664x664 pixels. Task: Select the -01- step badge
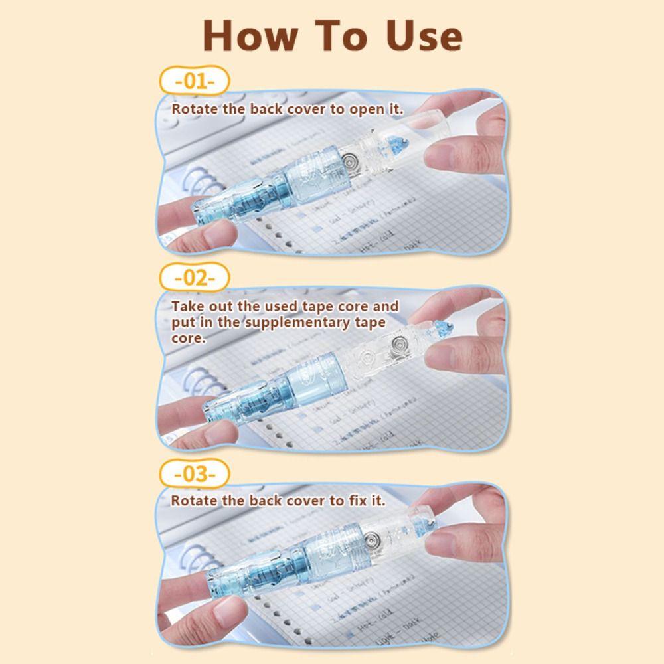pos(195,82)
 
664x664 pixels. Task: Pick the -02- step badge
pos(195,278)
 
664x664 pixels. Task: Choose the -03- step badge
pos(195,475)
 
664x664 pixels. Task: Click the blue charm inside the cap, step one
pos(402,141)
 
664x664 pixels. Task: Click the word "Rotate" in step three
pos(195,501)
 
